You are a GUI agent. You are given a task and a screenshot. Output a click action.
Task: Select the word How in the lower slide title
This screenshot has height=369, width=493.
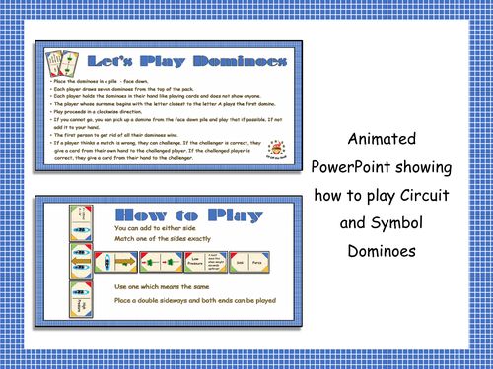tap(141, 215)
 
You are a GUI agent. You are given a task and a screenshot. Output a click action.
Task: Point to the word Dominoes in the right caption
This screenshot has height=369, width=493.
tap(387, 251)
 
